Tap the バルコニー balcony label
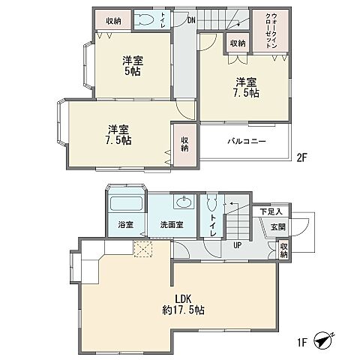click(244, 141)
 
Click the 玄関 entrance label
click(277, 227)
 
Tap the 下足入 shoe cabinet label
click(271, 213)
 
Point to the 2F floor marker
click(301, 157)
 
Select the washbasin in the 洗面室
click(183, 202)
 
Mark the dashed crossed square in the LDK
click(142, 250)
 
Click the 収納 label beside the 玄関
click(283, 250)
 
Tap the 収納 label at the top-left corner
click(115, 20)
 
